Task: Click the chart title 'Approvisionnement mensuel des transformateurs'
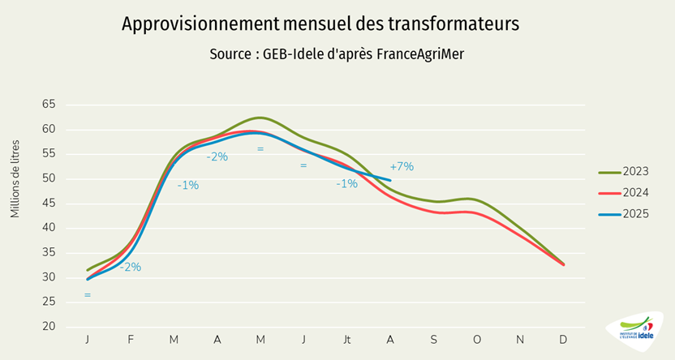click(320, 24)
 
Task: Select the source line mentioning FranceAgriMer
click(337, 54)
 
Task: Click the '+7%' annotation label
click(402, 166)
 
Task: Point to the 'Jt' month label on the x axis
click(346, 338)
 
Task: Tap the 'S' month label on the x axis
click(433, 338)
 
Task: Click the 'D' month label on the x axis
click(563, 338)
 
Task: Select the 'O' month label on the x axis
click(476, 338)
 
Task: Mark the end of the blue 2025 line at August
click(390, 180)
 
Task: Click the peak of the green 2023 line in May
click(260, 118)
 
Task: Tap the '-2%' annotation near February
click(131, 267)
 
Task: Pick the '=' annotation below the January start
click(87, 295)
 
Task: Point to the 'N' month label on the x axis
click(520, 338)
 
